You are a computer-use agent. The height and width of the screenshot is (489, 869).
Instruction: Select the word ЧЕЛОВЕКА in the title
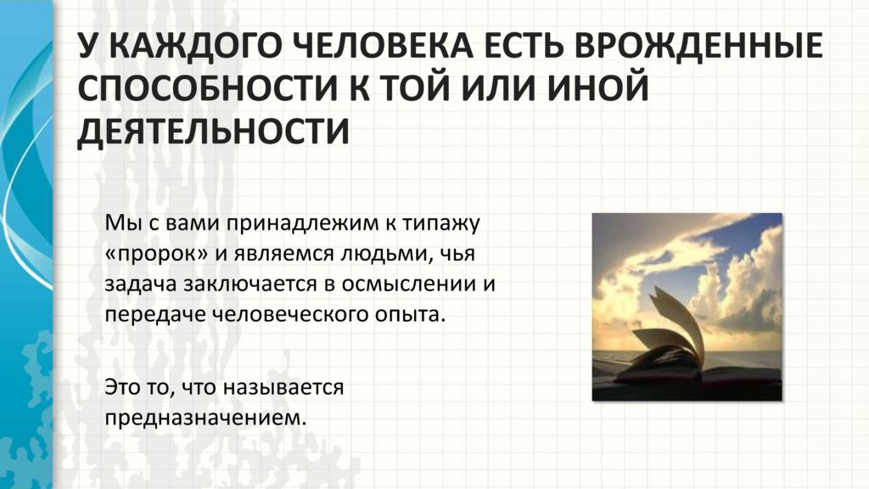(383, 45)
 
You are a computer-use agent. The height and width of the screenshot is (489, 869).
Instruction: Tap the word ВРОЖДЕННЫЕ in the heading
(698, 45)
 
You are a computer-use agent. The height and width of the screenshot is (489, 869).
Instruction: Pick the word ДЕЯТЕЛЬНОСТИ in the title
(213, 132)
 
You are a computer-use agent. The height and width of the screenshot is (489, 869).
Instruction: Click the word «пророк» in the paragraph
(157, 255)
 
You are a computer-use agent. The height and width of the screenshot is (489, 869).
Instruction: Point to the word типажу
(440, 224)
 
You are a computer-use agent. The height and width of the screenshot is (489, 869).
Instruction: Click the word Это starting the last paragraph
(122, 387)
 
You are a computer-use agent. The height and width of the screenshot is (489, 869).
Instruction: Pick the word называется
(283, 387)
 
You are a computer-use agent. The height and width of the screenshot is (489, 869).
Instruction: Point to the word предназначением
(205, 418)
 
